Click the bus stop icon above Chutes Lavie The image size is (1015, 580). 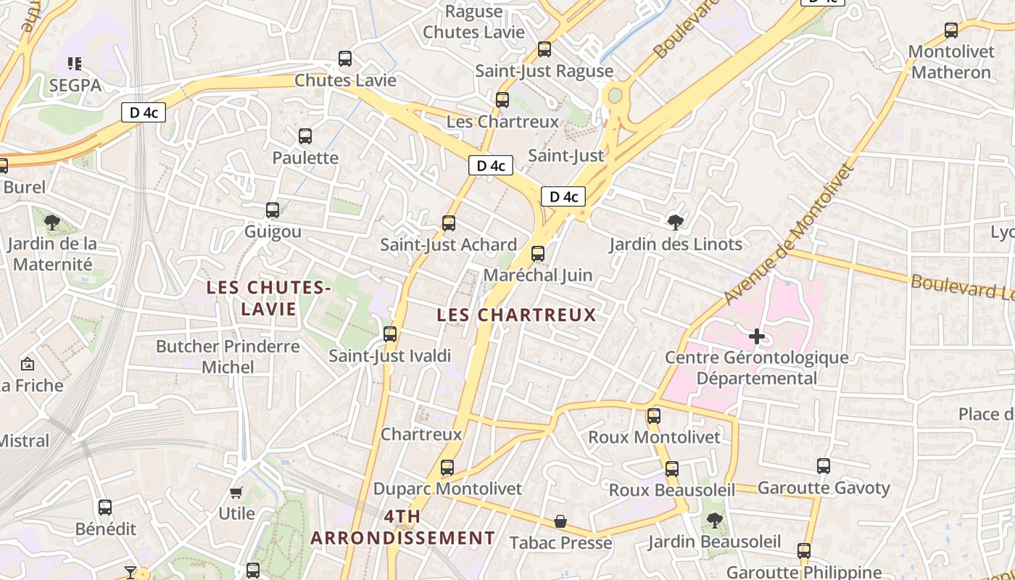point(345,59)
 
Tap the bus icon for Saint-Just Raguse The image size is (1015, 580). point(544,49)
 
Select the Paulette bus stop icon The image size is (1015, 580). point(305,136)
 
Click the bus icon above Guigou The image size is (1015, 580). point(273,210)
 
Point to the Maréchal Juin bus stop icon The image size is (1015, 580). point(538,254)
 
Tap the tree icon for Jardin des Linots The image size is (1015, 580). point(676,222)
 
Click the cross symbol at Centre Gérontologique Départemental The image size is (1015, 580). point(757,336)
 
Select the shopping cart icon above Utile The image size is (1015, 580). point(236,493)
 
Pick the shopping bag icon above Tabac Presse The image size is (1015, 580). point(560,521)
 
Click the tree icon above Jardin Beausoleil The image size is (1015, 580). point(715,520)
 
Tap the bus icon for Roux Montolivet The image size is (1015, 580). point(654,416)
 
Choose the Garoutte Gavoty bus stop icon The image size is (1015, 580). point(824,466)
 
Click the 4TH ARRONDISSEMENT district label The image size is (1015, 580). point(403,527)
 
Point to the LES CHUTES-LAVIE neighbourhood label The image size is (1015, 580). point(269,298)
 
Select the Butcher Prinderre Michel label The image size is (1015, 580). point(228,357)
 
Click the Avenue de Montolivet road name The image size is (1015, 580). point(790,233)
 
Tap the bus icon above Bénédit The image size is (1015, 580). point(105,507)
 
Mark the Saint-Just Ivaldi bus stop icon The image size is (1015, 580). point(390,334)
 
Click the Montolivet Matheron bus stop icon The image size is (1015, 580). point(951,30)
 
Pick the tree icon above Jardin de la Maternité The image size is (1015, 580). point(51,222)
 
